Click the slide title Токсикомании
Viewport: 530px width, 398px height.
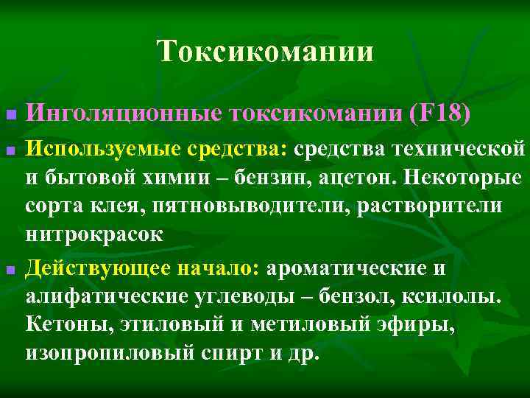tap(265, 52)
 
